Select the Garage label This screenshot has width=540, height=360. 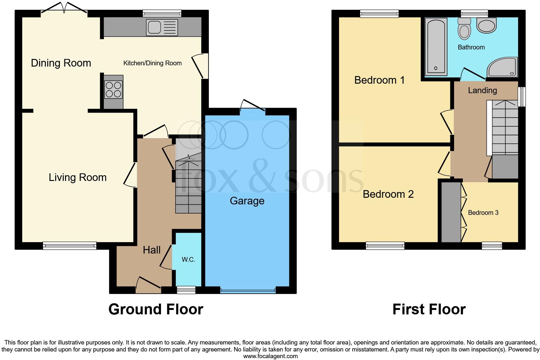(247, 201)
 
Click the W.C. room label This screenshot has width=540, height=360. (188, 260)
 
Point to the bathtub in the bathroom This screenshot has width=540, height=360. (436, 46)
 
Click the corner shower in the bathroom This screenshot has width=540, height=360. (504, 68)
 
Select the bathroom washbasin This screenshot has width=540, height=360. (486, 25)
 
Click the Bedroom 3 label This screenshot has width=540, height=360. (483, 213)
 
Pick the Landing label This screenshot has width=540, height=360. (482, 90)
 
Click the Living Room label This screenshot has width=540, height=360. (78, 177)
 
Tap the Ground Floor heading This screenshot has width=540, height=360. (156, 309)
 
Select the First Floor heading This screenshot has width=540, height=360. (429, 309)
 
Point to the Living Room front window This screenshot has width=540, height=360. (69, 246)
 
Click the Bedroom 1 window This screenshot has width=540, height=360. (379, 13)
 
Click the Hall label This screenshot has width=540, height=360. (151, 250)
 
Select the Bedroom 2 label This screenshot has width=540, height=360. (388, 194)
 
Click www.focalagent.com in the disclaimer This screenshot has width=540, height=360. (270, 356)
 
